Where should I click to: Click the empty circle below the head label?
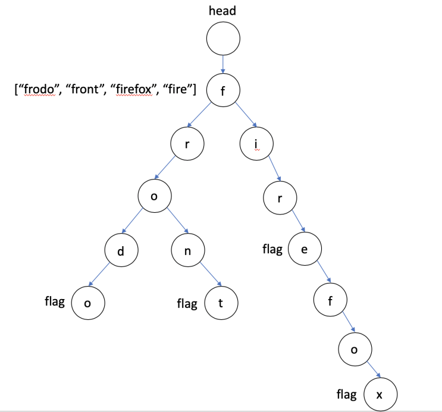(x=223, y=39)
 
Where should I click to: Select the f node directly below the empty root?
(x=222, y=91)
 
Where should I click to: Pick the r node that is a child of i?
(x=280, y=199)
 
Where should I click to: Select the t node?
(x=221, y=303)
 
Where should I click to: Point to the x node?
(x=379, y=394)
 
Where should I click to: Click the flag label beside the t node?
(x=187, y=304)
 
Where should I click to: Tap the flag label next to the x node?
(x=346, y=394)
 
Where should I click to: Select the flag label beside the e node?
(x=272, y=249)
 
